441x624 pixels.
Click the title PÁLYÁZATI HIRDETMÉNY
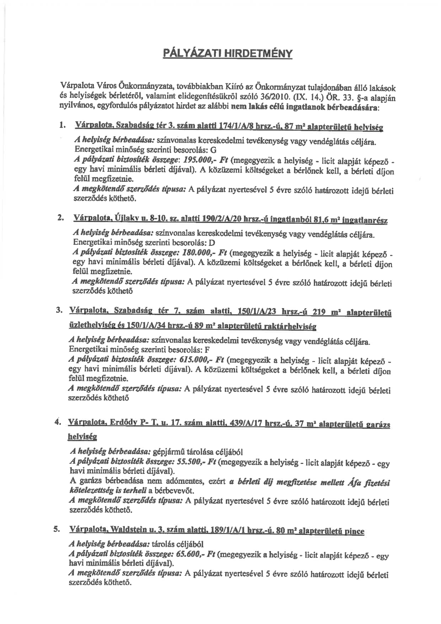pyautogui.click(x=228, y=54)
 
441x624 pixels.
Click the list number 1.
pyautogui.click(x=63, y=126)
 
